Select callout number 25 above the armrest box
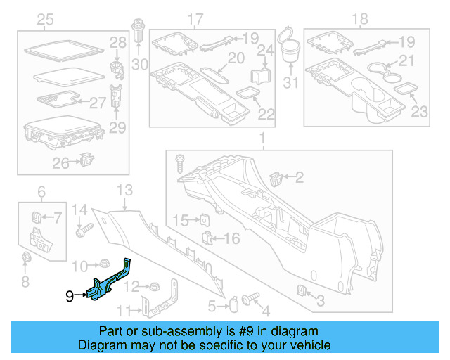pyautogui.click(x=45, y=18)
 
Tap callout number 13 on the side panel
pyautogui.click(x=124, y=190)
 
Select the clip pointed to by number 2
pyautogui.click(x=276, y=178)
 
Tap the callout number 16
pyautogui.click(x=231, y=239)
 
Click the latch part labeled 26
pyautogui.click(x=85, y=160)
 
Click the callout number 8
pyautogui.click(x=25, y=282)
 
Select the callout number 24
pyautogui.click(x=264, y=50)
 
